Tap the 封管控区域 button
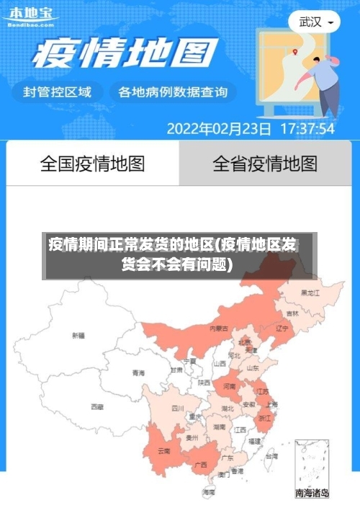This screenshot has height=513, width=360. coord(58,92)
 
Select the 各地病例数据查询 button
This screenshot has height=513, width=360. coord(173,92)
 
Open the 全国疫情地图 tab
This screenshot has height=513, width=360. coord(92,164)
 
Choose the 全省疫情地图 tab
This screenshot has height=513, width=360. coord(265,164)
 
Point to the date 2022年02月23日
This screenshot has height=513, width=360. coord(219,130)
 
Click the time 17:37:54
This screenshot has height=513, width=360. coord(307,130)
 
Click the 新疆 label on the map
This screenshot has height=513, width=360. coord(78,336)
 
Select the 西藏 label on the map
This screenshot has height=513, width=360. coord(96,407)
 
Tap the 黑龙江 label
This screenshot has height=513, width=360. coord(310,293)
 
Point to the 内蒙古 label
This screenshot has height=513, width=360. coord(219,329)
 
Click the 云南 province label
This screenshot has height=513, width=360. coord(163,451)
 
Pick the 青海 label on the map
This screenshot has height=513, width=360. coord(138,373)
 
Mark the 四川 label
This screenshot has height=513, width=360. coord(178,408)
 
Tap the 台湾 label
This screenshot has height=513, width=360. coord(271,456)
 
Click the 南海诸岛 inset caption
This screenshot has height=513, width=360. coord(312,494)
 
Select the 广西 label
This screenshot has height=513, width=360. coord(201,464)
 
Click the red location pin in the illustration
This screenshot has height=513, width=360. coord(294,51)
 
